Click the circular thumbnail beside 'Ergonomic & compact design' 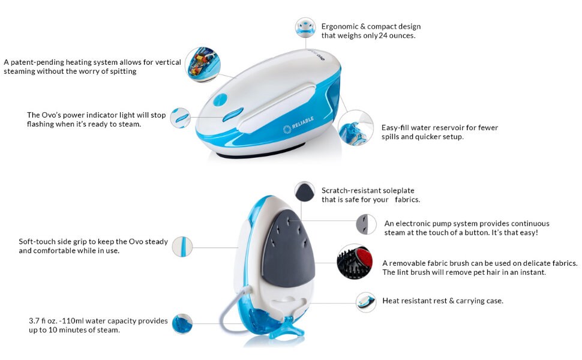pos(305,28)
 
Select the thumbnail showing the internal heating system pos(202,64)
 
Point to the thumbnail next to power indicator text pos(181,117)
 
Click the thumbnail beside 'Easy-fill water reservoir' pos(355,128)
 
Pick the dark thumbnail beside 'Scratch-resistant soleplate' pos(304,192)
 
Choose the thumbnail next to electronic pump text pos(366,224)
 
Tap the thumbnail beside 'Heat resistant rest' pos(365,301)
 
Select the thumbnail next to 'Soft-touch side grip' pos(182,247)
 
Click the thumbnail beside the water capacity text pos(182,323)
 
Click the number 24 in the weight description pos(384,35)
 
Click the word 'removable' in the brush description pos(413,263)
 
